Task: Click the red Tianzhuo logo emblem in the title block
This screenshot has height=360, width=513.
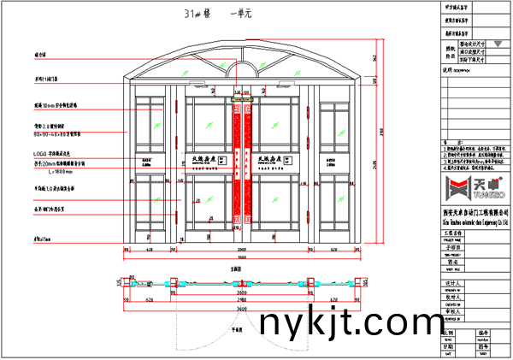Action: tap(452, 187)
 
